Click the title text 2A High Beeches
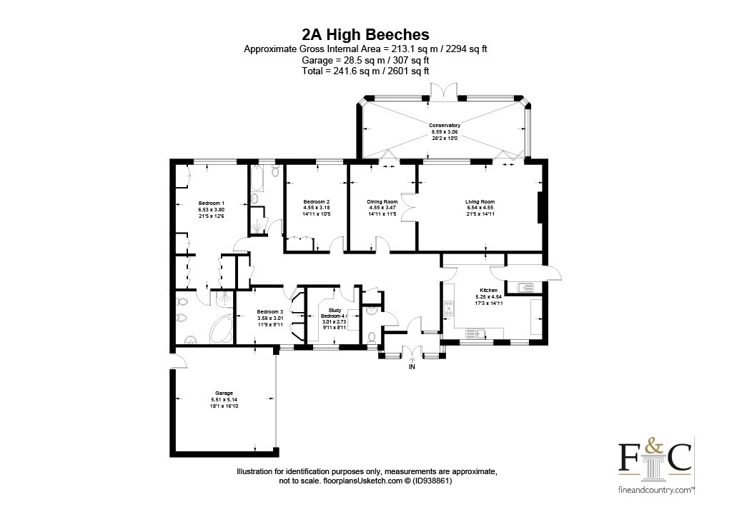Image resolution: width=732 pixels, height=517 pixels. pyautogui.click(x=365, y=34)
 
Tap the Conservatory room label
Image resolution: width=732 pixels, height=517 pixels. pyautogui.click(x=445, y=125)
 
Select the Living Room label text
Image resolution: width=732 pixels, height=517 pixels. pyautogui.click(x=480, y=201)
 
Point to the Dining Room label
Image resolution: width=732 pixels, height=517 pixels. pyautogui.click(x=382, y=201)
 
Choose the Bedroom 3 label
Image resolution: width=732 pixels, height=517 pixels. pyautogui.click(x=270, y=312)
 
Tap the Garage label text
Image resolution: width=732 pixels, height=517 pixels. pyautogui.click(x=224, y=393)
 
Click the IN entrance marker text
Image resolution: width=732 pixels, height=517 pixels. pyautogui.click(x=411, y=367)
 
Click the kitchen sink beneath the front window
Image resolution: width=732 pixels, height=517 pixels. pyautogui.click(x=474, y=331)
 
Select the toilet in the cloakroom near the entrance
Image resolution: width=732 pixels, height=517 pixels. pyautogui.click(x=371, y=336)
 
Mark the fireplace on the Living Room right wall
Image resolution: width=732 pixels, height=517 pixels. pyautogui.click(x=542, y=208)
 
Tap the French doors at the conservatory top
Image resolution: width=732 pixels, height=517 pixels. pyautogui.click(x=445, y=89)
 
